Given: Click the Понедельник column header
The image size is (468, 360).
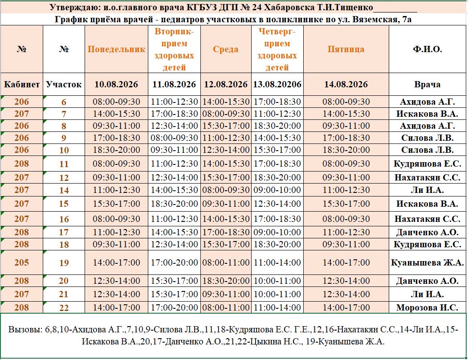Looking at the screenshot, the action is (x=116, y=49).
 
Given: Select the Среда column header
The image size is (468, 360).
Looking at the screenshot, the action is (x=226, y=49).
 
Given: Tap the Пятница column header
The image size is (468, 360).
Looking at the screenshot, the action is (x=346, y=49).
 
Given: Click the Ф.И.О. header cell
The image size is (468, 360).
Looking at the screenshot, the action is (x=427, y=49).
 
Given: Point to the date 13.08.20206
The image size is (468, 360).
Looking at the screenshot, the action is (x=277, y=85).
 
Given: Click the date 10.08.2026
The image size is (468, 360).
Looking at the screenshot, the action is (x=116, y=85).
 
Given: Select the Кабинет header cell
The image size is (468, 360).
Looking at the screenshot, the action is (x=22, y=85).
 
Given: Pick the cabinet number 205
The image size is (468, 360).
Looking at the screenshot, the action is (x=22, y=262).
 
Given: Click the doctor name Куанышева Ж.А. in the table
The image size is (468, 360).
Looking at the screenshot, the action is (x=427, y=262).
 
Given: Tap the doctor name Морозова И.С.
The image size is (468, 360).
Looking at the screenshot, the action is (x=427, y=307).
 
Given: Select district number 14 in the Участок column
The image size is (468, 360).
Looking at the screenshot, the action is (x=64, y=190).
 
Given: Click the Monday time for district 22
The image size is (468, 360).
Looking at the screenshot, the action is (x=116, y=307).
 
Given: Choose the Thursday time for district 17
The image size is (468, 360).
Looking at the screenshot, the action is (x=277, y=232).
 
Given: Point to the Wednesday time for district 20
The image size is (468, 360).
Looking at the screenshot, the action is (x=226, y=281).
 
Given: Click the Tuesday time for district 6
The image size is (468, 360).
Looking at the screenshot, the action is (x=174, y=102).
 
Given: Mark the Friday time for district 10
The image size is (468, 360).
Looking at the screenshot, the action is (x=346, y=150).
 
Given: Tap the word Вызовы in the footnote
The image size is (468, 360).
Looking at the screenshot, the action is (x=25, y=330).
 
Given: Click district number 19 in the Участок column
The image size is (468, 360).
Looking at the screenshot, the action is (x=64, y=263).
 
